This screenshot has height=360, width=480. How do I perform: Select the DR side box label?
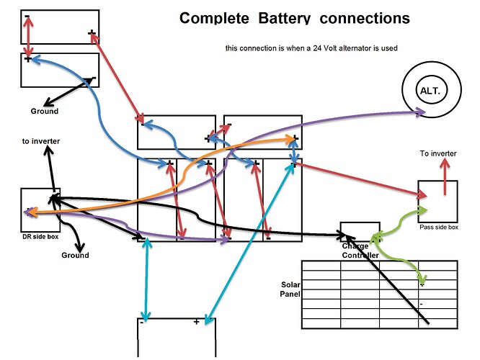(40, 237)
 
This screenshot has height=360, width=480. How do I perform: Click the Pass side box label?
(438, 227)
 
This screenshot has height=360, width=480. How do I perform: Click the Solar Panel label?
(288, 289)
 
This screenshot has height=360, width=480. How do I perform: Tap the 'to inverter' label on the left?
(41, 141)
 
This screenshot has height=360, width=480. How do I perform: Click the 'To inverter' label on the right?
(438, 153)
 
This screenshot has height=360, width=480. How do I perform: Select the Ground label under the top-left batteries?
(44, 112)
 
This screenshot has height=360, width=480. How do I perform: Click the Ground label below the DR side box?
(75, 255)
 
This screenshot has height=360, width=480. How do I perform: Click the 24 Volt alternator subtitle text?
(311, 48)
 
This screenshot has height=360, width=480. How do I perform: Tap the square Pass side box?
(437, 201)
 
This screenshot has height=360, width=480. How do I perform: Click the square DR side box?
(40, 210)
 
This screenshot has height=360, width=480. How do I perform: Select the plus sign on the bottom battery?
(196, 322)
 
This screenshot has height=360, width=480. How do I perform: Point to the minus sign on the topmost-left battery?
(27, 16)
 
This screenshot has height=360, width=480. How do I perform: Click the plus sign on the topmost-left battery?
(92, 32)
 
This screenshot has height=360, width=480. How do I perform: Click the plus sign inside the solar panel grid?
(422, 284)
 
